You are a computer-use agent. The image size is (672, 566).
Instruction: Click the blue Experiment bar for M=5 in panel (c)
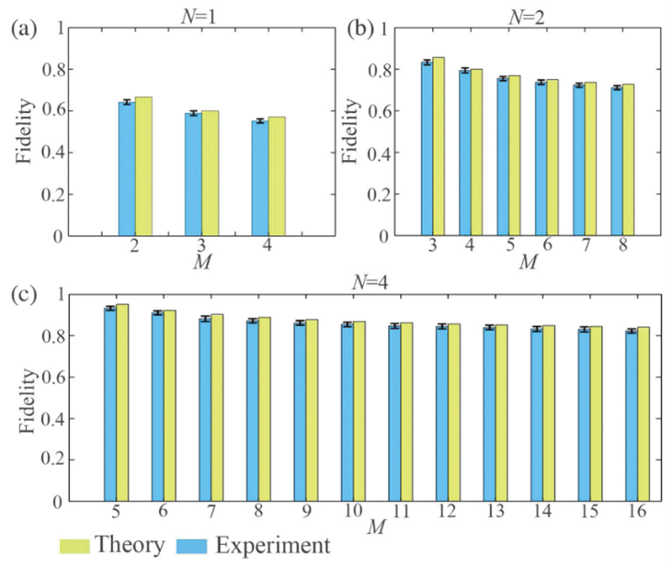pyautogui.click(x=109, y=404)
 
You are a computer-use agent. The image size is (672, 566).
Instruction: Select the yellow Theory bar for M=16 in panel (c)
pyautogui.click(x=644, y=413)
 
